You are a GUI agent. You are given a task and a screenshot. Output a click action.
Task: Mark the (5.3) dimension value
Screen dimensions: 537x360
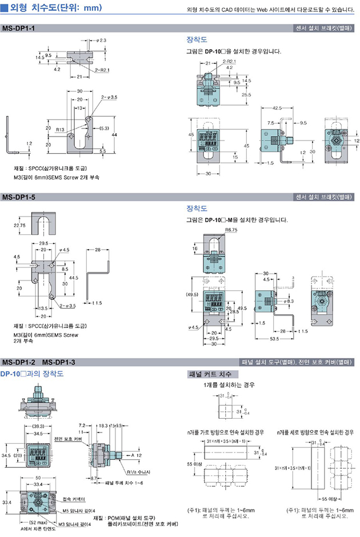point(104,128)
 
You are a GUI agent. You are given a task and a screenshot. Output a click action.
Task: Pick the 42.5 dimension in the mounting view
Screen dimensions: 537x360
point(277,108)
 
